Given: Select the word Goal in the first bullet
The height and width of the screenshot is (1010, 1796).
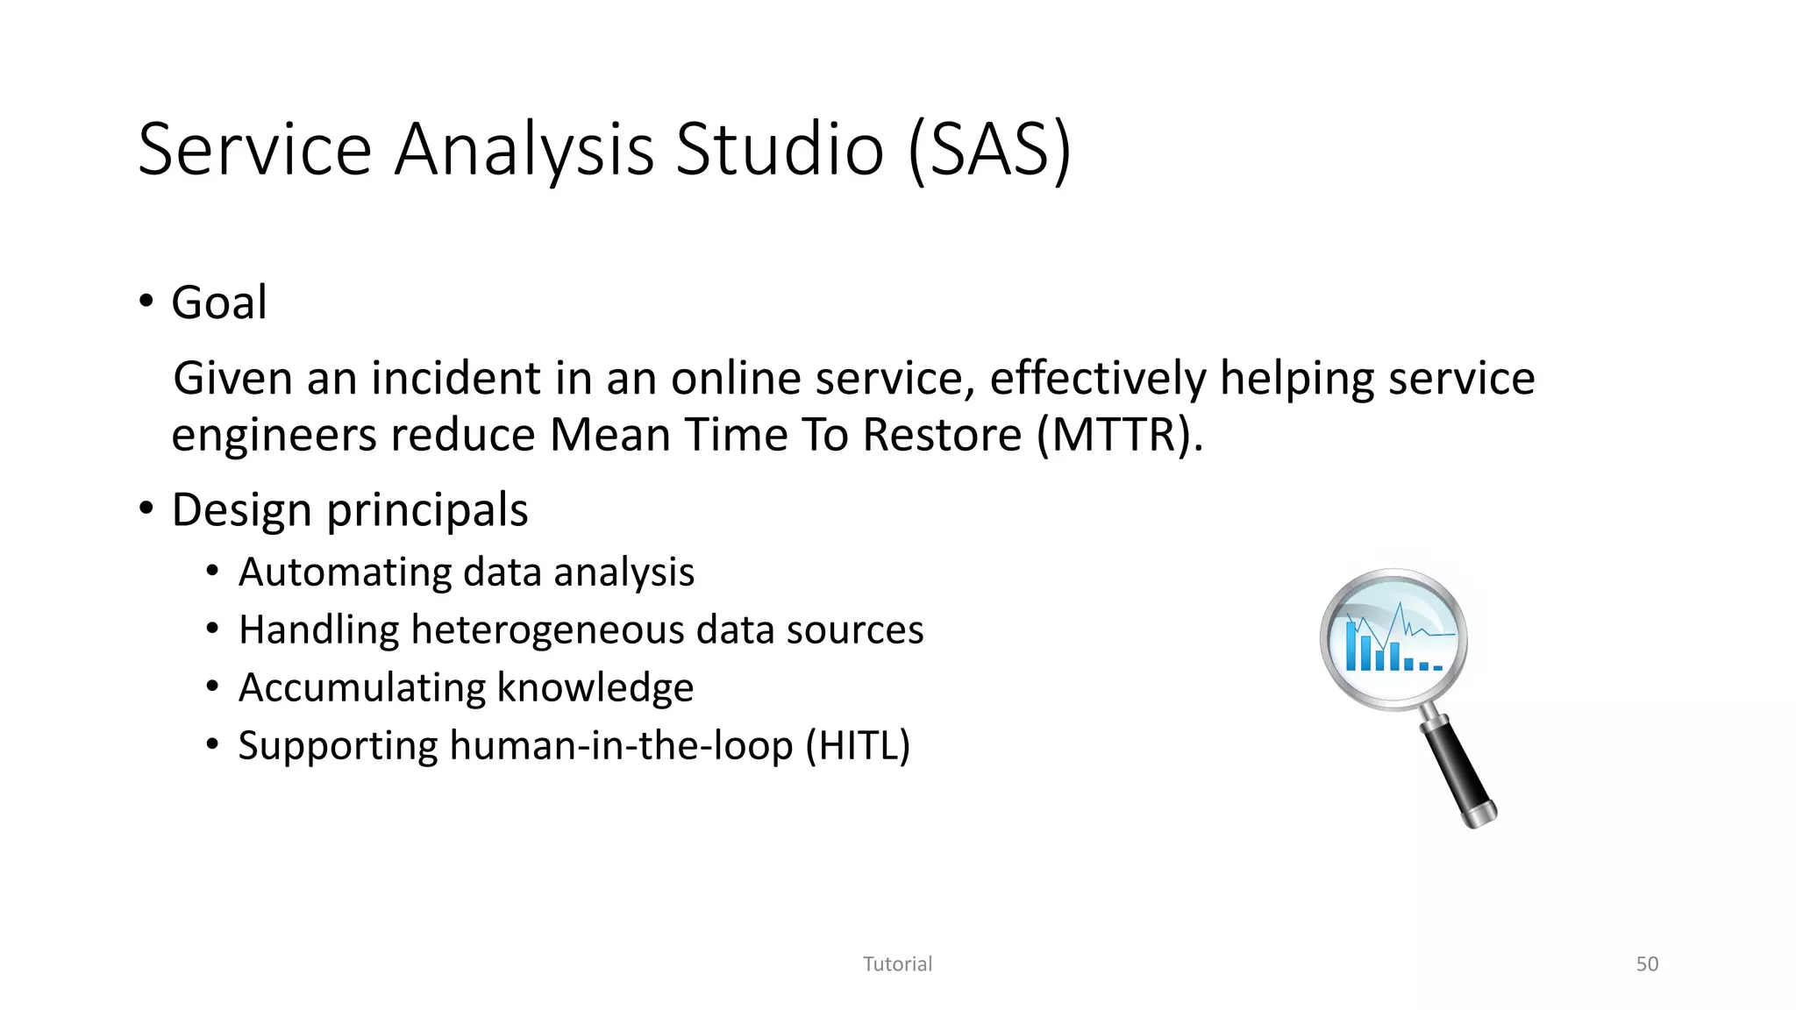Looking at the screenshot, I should click(x=218, y=303).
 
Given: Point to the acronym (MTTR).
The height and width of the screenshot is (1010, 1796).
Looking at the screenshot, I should click(x=1119, y=435).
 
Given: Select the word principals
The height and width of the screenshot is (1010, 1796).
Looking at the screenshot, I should click(x=427, y=510).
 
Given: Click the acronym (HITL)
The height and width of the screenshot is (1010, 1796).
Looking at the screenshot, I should click(x=858, y=746).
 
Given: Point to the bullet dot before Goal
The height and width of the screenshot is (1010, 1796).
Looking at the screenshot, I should click(x=146, y=302).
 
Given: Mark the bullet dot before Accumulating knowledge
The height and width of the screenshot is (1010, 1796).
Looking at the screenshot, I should click(x=212, y=686).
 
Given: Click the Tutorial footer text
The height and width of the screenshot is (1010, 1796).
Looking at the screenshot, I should click(x=897, y=964).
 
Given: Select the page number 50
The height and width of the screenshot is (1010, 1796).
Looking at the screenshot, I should click(x=1646, y=964).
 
